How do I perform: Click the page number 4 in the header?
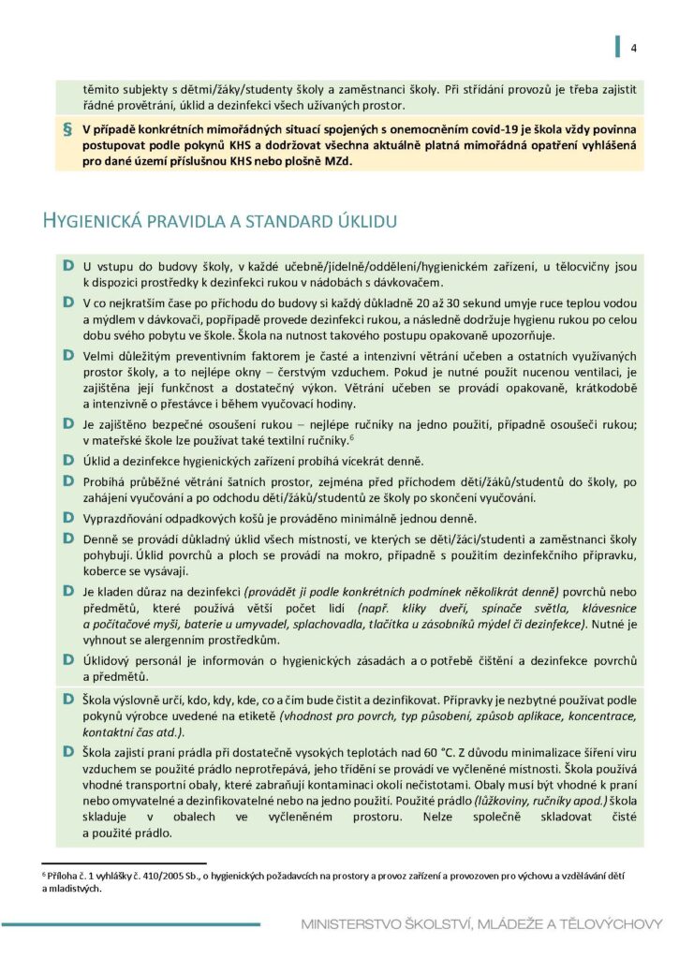click(634, 49)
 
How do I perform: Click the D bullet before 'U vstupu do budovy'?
click(68, 267)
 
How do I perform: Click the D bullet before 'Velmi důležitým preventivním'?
click(68, 356)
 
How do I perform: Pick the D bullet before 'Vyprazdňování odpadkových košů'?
click(68, 517)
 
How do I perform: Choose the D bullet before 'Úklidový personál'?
click(68, 658)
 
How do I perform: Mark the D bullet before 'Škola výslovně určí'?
click(68, 701)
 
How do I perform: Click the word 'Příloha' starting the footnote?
click(65, 875)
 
